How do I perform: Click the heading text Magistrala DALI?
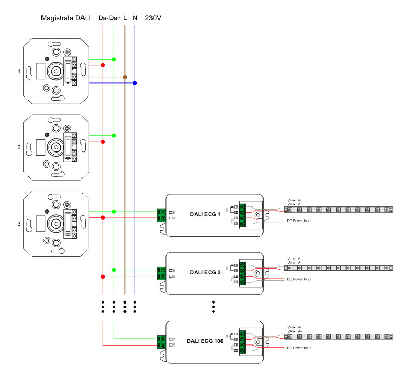(x=66, y=18)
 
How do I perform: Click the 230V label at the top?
(x=154, y=18)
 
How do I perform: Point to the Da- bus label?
(x=103, y=18)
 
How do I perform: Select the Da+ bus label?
(x=115, y=18)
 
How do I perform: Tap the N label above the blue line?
(x=135, y=18)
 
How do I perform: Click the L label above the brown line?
(x=126, y=18)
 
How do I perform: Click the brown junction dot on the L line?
(x=125, y=77)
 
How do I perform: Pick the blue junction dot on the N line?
(x=135, y=83)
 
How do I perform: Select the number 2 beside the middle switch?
(x=19, y=147)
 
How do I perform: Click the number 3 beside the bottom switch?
(x=19, y=224)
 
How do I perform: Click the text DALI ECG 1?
(x=205, y=214)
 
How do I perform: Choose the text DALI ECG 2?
(x=205, y=272)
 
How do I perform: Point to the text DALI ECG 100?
(x=205, y=342)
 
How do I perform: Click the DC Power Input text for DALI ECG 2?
(x=299, y=279)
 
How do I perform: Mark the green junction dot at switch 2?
(x=114, y=136)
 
